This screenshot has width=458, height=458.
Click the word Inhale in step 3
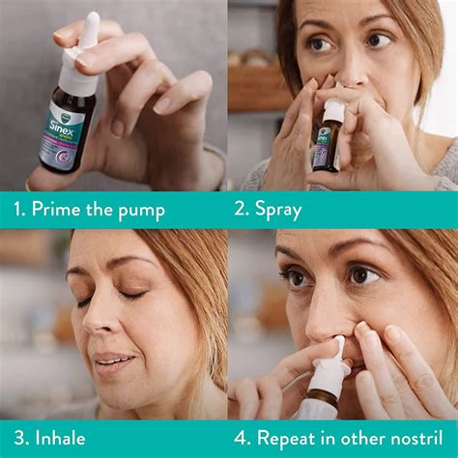61,438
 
